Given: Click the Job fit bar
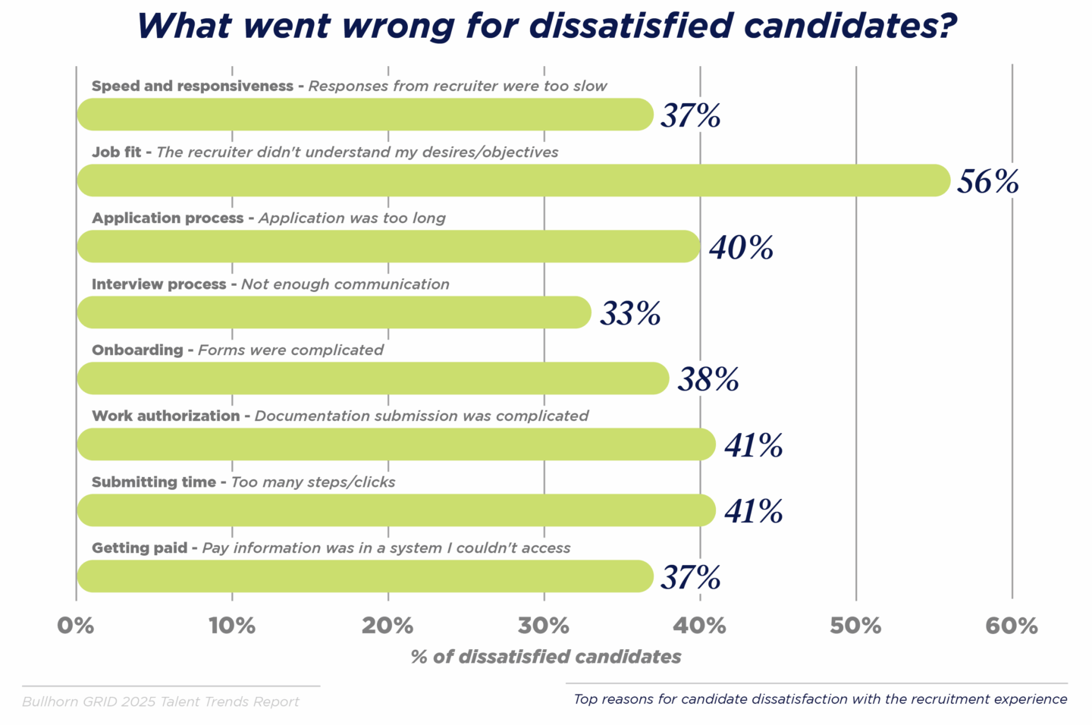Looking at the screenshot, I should (513, 180).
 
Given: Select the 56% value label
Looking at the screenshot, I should (987, 181).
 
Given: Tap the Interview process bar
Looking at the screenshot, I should (334, 312).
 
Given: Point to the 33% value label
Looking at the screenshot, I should (630, 313).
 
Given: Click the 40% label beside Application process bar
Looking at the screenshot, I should (741, 247).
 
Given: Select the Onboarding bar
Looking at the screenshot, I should (372, 378).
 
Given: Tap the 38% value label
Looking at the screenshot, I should (708, 379).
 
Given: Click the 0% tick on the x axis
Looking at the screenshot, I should (76, 626).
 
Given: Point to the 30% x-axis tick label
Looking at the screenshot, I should (544, 626).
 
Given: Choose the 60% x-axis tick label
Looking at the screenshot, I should (1012, 626).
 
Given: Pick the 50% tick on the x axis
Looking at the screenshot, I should (855, 626).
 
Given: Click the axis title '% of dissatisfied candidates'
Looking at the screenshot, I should (546, 657).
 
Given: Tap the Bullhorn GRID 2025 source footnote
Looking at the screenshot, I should (161, 701).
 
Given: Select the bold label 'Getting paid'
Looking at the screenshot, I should (140, 548).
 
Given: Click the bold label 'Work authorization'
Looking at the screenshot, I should (165, 416).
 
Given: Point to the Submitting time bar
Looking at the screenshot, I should (396, 510).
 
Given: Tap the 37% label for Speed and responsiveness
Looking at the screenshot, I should (690, 115).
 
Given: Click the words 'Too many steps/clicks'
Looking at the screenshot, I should (313, 482).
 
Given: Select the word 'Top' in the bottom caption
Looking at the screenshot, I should (585, 699).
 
